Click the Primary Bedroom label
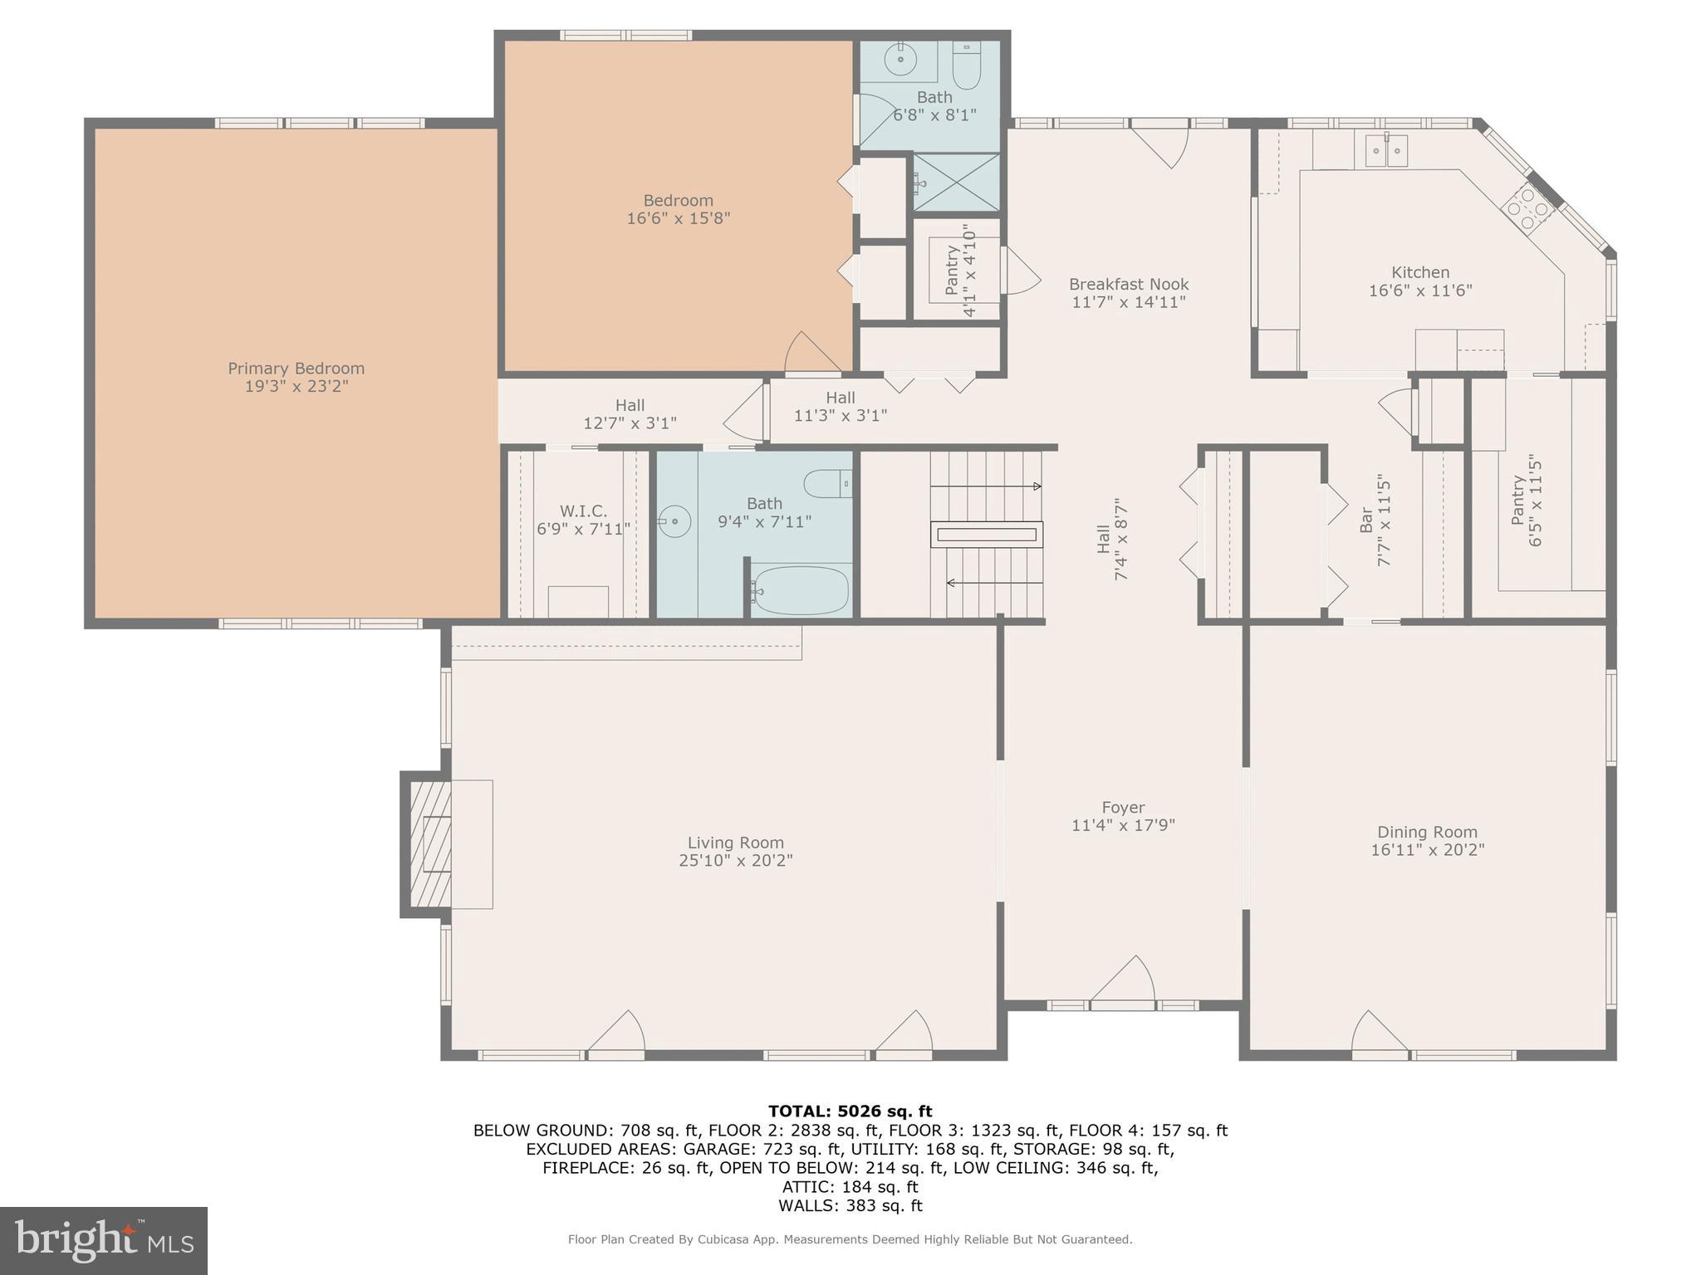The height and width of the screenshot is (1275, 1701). pyautogui.click(x=296, y=369)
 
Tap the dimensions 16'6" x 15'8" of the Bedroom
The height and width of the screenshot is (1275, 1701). pyautogui.click(x=678, y=219)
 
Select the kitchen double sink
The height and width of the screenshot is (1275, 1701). pyautogui.click(x=1386, y=151)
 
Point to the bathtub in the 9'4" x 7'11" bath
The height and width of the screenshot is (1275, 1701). pyautogui.click(x=800, y=590)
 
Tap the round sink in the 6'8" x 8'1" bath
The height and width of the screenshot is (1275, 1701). pyautogui.click(x=900, y=60)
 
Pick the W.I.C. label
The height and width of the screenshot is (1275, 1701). pyautogui.click(x=583, y=511)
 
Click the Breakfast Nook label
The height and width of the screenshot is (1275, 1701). pyautogui.click(x=1128, y=284)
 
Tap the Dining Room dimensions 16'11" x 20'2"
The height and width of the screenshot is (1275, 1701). pyautogui.click(x=1427, y=850)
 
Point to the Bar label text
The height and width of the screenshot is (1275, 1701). pyautogui.click(x=1365, y=520)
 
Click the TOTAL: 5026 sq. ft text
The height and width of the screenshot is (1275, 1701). pyautogui.click(x=850, y=1111)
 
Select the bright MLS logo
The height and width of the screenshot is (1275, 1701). pyautogui.click(x=103, y=1240)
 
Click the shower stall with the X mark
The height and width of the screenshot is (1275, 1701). pyautogui.click(x=956, y=182)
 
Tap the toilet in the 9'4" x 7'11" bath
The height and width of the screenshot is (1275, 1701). pyautogui.click(x=827, y=483)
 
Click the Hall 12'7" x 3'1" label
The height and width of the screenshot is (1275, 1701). pyautogui.click(x=630, y=414)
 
